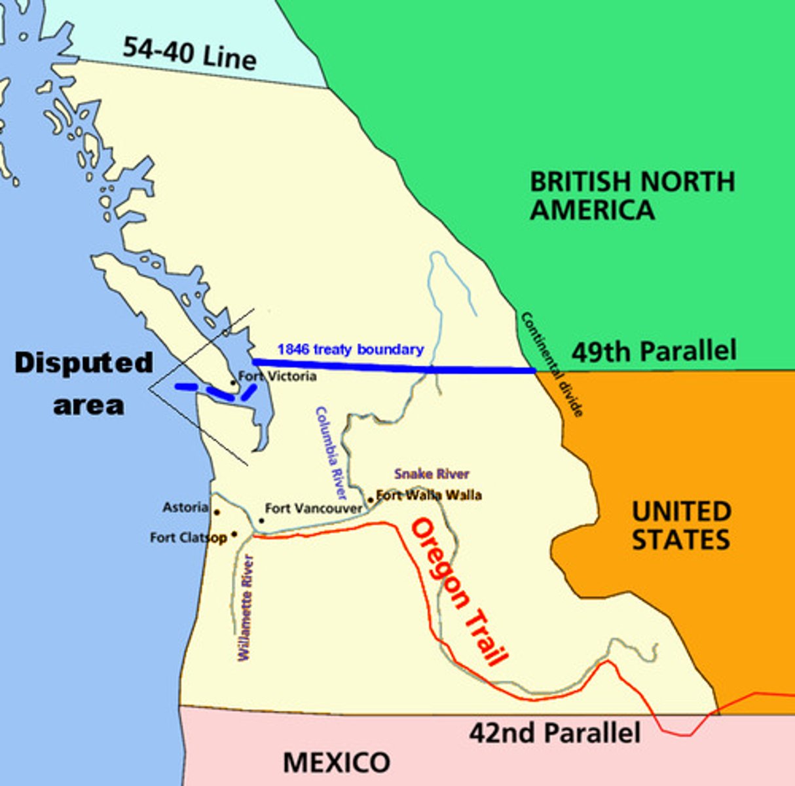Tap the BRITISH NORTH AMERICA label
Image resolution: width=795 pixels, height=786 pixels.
point(631,195)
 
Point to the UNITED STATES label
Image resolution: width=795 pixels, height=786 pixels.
point(681,525)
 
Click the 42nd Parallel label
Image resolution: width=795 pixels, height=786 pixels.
point(554,732)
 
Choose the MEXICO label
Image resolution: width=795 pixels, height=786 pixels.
point(337,762)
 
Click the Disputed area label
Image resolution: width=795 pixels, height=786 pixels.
point(84,383)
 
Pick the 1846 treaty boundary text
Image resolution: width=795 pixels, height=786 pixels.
point(350,349)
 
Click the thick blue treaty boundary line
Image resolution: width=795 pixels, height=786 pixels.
point(393,366)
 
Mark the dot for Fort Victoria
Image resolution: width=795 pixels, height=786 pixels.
point(232,382)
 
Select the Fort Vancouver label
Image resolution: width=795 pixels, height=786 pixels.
point(313,508)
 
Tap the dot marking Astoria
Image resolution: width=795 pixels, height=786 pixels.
point(217,512)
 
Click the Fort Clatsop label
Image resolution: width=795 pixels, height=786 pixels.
point(188,538)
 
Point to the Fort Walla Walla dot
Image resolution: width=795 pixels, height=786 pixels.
point(371,500)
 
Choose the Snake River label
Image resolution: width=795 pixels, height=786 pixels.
point(432,474)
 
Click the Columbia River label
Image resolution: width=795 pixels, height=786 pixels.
point(331,452)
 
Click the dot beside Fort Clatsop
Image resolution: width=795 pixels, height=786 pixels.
point(234,534)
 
